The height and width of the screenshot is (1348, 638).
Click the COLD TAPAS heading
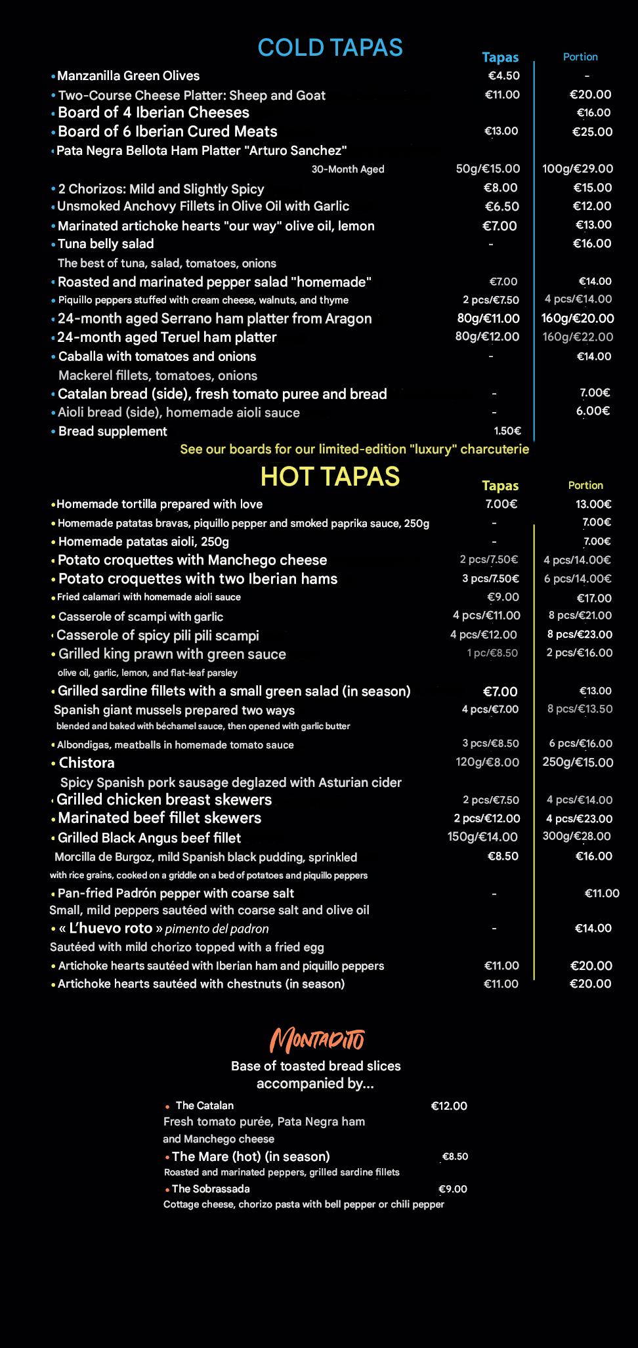click(330, 48)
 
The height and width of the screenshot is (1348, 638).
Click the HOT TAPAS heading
click(330, 476)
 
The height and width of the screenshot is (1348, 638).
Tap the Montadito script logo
click(318, 1040)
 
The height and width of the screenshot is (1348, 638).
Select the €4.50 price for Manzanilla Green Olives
click(503, 75)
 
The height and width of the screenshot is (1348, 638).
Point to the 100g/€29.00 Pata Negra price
click(578, 169)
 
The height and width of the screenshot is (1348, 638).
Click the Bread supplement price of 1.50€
click(507, 431)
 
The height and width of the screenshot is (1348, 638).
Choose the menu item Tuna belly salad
click(106, 244)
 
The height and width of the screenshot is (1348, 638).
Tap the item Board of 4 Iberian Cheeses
click(154, 113)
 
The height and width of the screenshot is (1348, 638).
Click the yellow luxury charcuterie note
click(354, 450)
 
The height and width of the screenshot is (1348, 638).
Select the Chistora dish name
click(87, 763)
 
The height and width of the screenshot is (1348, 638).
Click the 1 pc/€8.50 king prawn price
click(492, 653)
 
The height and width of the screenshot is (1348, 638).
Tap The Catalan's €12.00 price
click(449, 1106)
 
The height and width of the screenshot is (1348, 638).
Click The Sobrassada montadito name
click(211, 1189)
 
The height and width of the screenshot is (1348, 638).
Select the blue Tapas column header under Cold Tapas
click(500, 58)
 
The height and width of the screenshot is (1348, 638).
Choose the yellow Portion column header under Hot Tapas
click(585, 486)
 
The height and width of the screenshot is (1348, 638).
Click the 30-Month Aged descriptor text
click(348, 169)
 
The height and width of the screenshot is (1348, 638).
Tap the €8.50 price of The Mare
click(455, 1156)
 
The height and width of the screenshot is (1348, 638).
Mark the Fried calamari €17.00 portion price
click(594, 598)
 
